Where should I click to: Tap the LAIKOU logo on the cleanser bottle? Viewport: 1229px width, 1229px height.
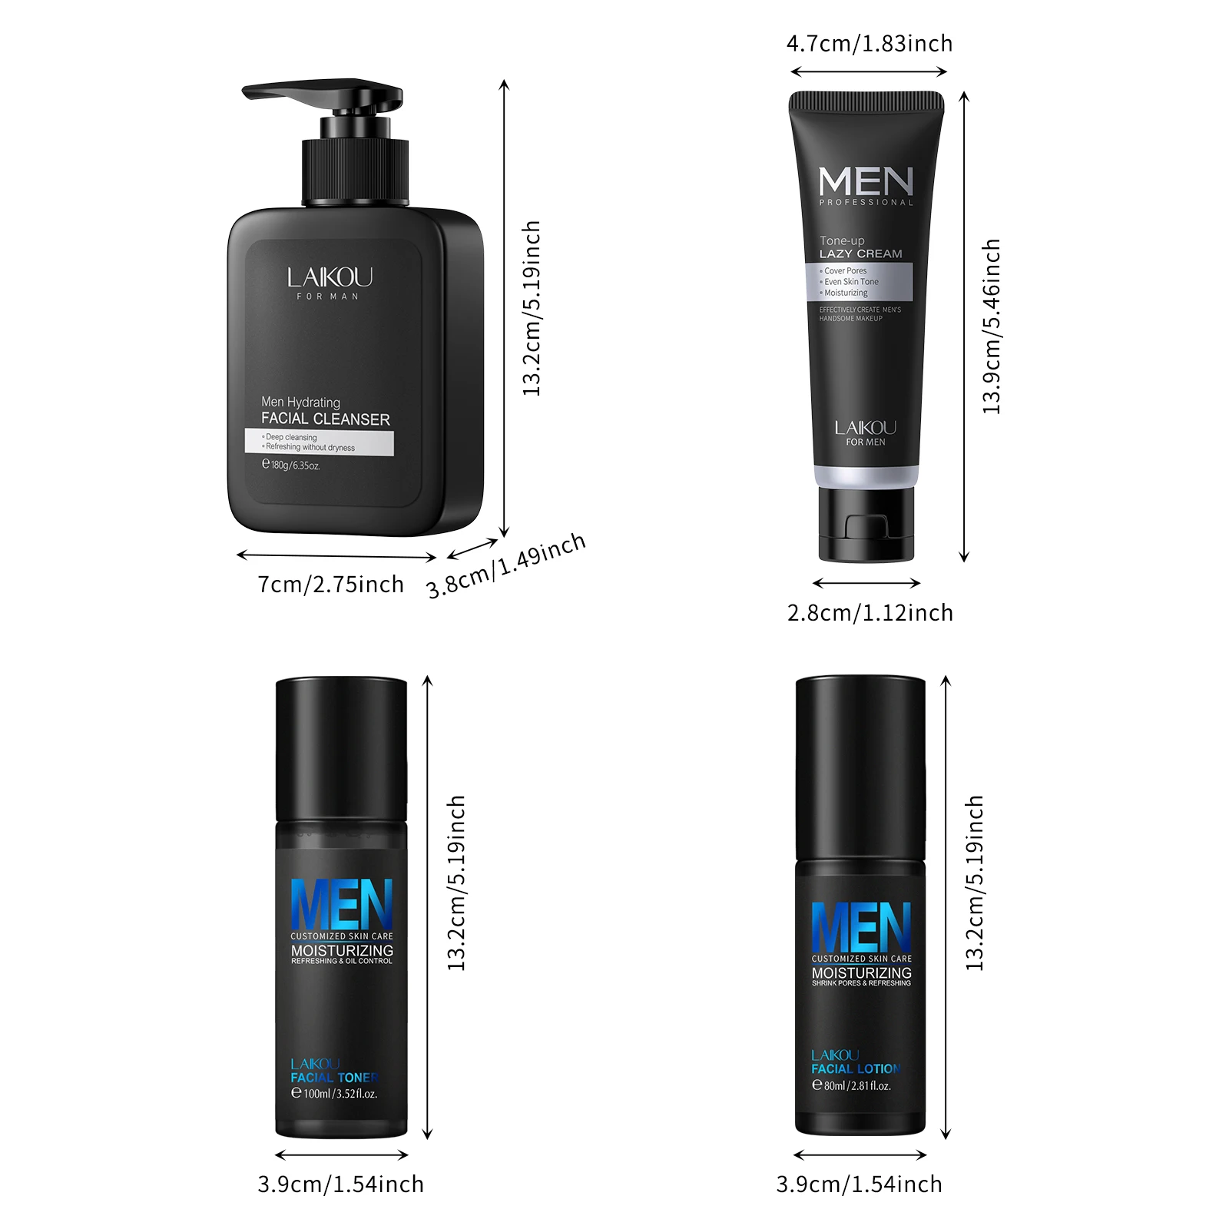point(330,277)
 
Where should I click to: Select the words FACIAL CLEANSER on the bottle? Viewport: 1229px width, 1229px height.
point(325,419)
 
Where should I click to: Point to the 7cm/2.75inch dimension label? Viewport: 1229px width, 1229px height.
point(330,585)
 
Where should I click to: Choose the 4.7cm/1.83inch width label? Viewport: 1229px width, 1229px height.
point(869,44)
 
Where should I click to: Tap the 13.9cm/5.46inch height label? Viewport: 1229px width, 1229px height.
point(992,326)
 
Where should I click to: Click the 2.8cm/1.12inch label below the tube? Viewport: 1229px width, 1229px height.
point(870,613)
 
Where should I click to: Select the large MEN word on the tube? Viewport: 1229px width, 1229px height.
point(866,182)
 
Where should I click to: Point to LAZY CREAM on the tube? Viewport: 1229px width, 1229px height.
point(860,253)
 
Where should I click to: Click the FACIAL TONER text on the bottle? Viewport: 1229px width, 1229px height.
point(334,1078)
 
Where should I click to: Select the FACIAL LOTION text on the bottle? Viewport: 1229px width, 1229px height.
point(856,1068)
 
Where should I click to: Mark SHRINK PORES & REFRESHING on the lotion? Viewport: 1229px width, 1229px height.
point(861,983)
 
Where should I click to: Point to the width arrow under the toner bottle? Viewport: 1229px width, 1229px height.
point(341,1154)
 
